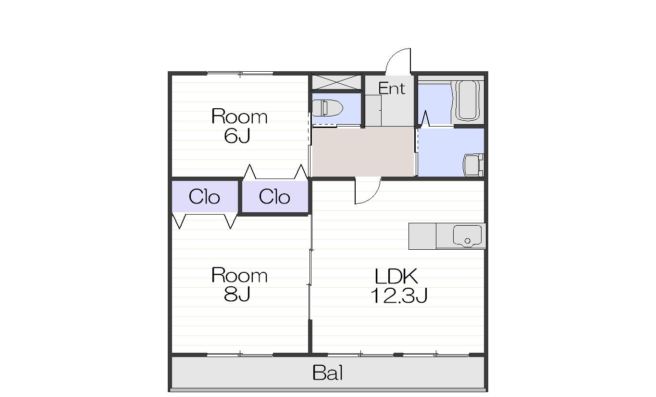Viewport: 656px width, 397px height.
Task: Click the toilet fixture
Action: pyautogui.click(x=327, y=108)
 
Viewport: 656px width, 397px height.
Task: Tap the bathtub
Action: pyautogui.click(x=468, y=101)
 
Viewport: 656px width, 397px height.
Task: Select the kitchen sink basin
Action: pyautogui.click(x=467, y=236)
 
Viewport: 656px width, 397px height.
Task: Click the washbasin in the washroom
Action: pyautogui.click(x=473, y=165)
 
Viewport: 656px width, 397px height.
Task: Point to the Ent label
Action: pyautogui.click(x=392, y=88)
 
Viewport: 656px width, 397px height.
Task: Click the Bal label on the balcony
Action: pyautogui.click(x=327, y=373)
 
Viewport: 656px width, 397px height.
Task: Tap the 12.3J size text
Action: pyautogui.click(x=399, y=295)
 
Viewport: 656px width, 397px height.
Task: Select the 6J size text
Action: pyautogui.click(x=237, y=136)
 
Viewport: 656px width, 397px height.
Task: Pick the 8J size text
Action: pyautogui.click(x=237, y=294)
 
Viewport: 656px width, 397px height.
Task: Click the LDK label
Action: pyautogui.click(x=396, y=276)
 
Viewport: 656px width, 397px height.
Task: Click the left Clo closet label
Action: pyautogui.click(x=204, y=196)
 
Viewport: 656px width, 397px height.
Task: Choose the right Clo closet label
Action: pyautogui.click(x=274, y=196)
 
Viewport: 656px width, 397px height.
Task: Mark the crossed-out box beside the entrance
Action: pyautogui.click(x=336, y=82)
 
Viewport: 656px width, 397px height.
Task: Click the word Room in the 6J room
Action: pyautogui.click(x=239, y=117)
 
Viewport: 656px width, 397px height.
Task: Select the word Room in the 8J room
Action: pyautogui.click(x=239, y=276)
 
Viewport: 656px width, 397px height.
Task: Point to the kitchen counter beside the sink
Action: pyautogui.click(x=422, y=236)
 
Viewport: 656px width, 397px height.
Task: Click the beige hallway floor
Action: pyautogui.click(x=363, y=152)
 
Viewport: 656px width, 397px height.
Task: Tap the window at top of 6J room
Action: pyautogui.click(x=240, y=73)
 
